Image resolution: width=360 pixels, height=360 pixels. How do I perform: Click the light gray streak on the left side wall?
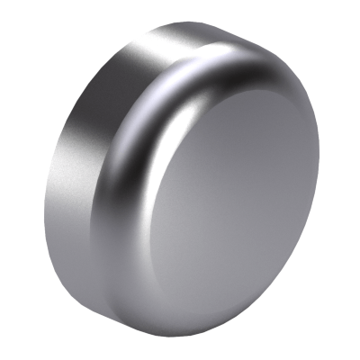click(67, 198)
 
